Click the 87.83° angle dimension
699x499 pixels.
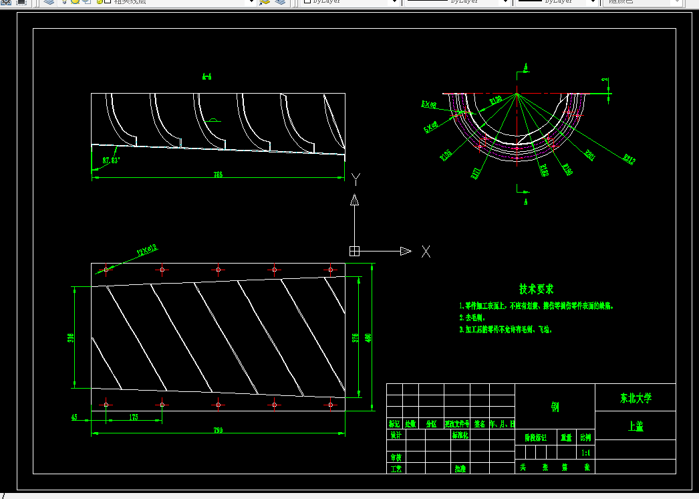110,161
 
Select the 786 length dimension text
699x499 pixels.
218,175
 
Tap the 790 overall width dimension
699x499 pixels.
218,429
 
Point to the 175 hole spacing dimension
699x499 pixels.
133,417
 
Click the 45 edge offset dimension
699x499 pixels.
74,417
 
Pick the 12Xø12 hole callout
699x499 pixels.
147,251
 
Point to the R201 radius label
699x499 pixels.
589,155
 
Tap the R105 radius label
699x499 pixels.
446,156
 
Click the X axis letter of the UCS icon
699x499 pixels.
426,252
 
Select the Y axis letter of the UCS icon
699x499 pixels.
356,179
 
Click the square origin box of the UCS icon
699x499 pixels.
354,251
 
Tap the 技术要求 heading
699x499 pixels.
537,289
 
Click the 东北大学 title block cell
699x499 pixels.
635,398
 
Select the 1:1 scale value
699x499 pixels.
586,453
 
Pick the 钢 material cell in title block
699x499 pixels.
555,406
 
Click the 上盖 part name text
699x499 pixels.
635,426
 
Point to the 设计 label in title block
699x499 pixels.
395,435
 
